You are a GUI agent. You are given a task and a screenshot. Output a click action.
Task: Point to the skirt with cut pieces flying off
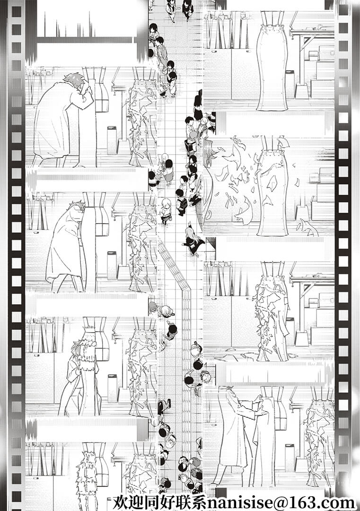[x=272, y=186]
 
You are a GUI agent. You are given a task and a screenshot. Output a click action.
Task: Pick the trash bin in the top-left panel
[x=112, y=141]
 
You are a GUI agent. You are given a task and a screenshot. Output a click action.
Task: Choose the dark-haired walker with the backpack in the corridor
[x=181, y=202]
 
